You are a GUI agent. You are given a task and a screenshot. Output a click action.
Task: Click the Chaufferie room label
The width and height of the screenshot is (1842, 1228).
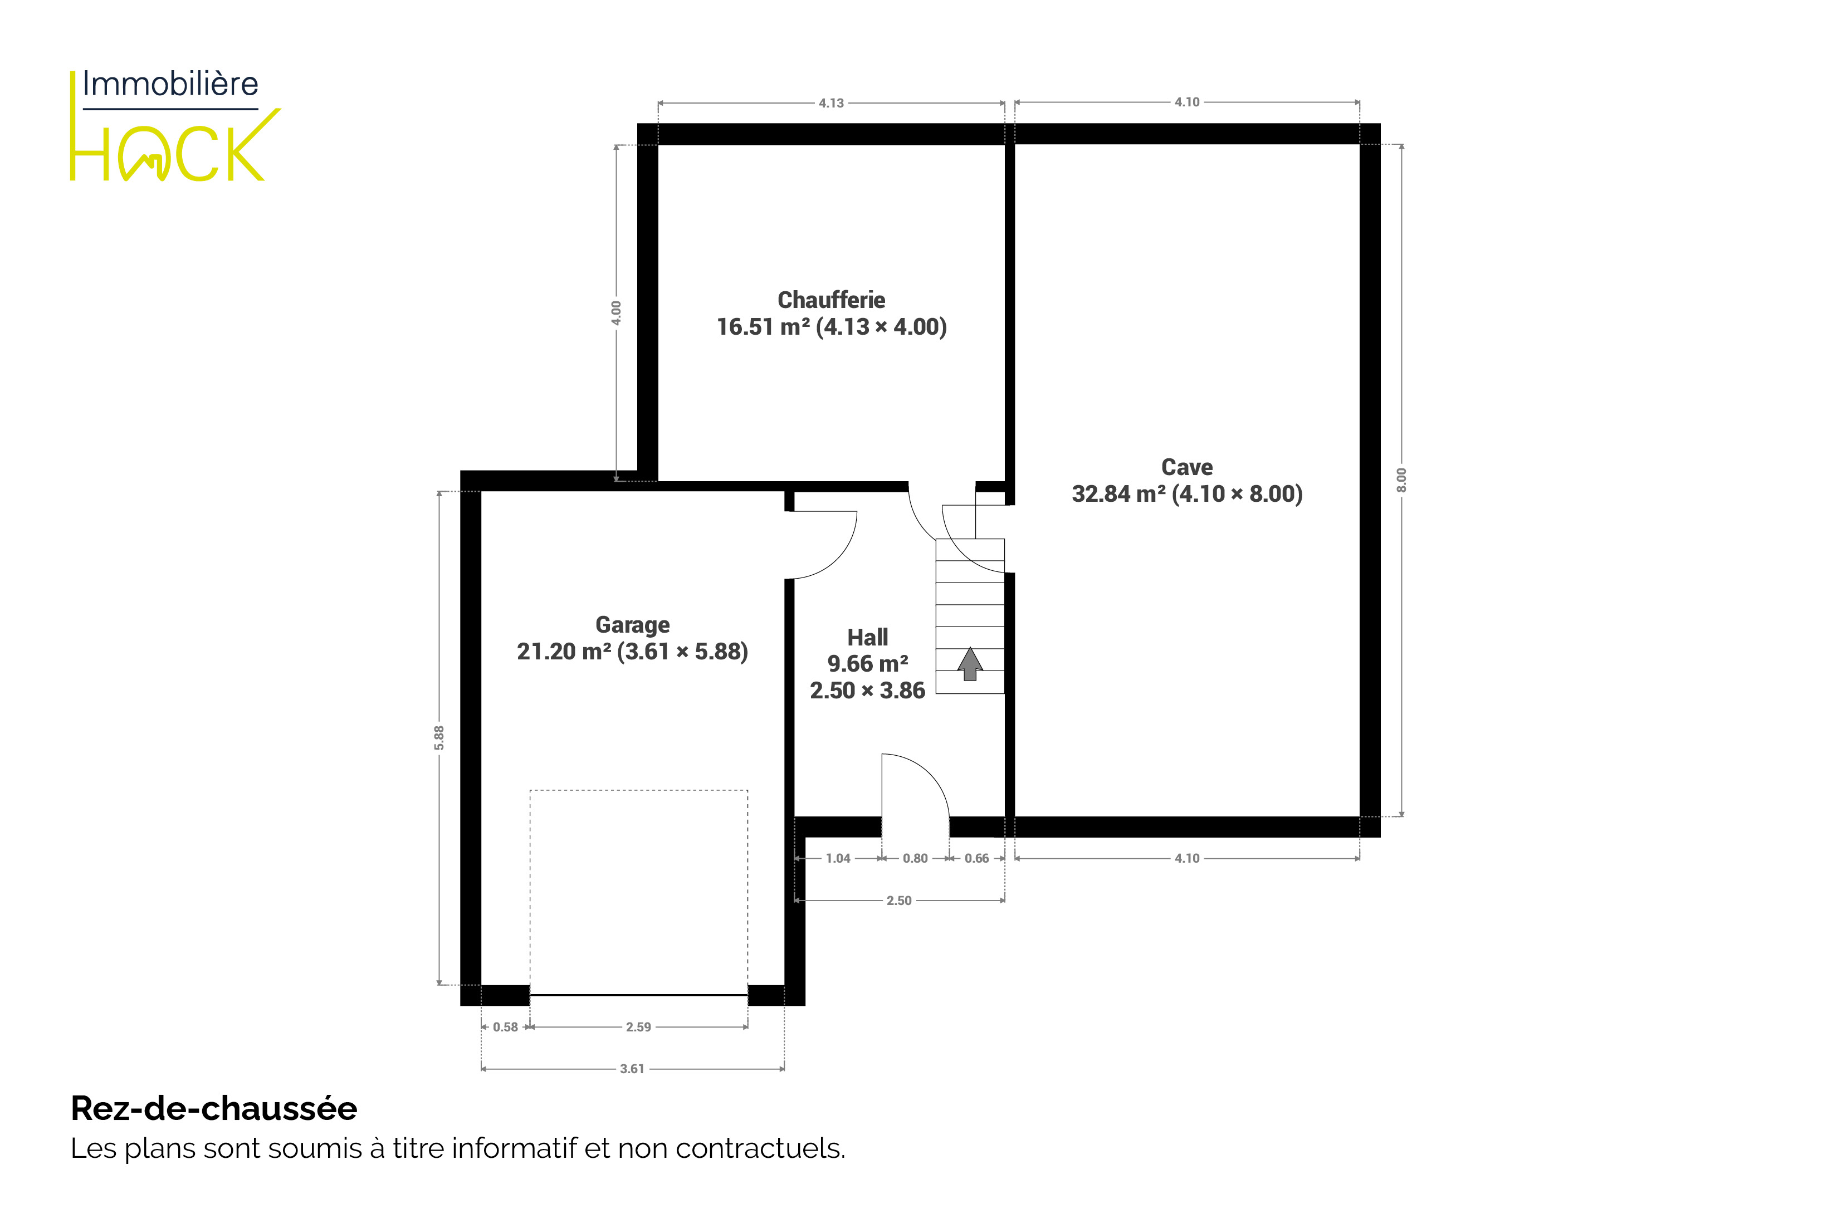point(831,300)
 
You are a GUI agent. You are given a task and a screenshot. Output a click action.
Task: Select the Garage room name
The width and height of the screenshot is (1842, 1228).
point(632,625)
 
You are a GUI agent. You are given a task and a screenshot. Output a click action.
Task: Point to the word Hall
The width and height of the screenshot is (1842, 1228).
point(868,638)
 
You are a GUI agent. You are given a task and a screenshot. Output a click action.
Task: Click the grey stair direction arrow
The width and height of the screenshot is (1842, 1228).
point(970,663)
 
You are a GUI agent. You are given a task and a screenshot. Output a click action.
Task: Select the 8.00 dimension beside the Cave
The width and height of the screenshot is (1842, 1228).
point(1402,480)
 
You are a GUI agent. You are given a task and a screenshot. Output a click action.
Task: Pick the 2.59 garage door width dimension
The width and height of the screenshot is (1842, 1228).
point(638,1027)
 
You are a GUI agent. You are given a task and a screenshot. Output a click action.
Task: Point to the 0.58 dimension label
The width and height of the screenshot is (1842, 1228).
point(505,1027)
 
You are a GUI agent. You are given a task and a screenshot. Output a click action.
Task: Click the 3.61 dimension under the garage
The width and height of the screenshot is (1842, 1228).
point(632,1069)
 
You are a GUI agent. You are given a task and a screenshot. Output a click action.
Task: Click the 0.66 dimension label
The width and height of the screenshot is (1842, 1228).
point(976,858)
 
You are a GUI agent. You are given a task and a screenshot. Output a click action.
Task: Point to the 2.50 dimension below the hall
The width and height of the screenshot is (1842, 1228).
point(899,901)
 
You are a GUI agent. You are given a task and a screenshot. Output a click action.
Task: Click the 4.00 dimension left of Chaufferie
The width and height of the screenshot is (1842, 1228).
point(617,313)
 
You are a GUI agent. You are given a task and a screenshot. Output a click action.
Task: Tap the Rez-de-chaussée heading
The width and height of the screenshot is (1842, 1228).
point(214,1109)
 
